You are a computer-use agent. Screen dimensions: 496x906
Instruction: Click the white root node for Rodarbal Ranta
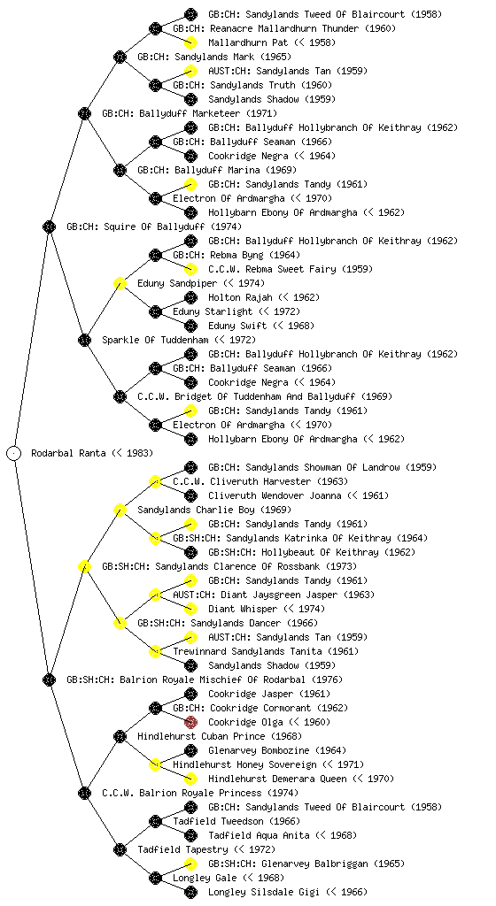[14, 453]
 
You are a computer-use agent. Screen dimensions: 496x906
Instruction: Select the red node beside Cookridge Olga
[190, 722]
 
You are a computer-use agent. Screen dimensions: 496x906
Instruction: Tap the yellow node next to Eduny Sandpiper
[120, 283]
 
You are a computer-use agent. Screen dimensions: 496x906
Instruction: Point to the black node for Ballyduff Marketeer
[84, 113]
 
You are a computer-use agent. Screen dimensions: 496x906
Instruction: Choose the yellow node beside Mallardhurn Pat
[190, 42]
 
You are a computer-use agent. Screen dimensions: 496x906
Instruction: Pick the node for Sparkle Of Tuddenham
[84, 340]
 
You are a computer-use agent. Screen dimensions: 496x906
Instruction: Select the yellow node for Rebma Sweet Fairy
[190, 269]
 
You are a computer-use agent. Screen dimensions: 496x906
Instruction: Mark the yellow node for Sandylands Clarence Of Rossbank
[84, 566]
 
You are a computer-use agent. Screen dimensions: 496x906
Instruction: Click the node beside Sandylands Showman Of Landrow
[190, 467]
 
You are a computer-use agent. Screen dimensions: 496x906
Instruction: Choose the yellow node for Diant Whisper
[190, 609]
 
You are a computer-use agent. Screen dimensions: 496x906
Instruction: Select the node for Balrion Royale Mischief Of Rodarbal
[49, 679]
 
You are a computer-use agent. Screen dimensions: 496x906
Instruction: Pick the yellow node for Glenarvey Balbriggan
[190, 864]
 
